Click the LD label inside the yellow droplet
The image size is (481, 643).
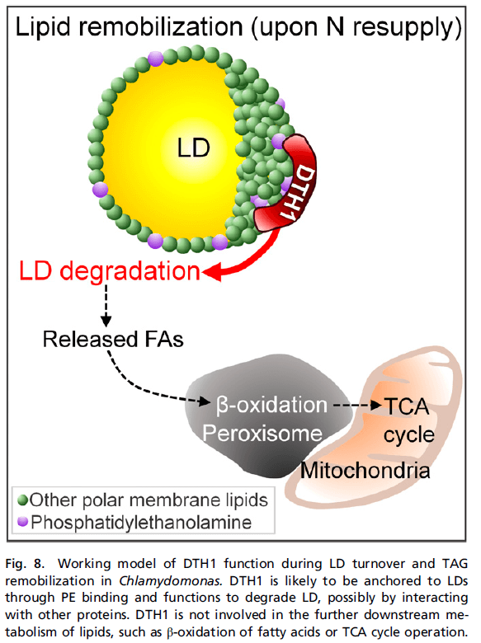coord(193,148)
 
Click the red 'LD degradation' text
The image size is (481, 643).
coord(110,271)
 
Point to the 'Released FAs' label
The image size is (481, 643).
coord(113,339)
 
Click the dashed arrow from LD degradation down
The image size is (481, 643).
coord(106,305)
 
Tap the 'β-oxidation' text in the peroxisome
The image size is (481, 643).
coord(271,405)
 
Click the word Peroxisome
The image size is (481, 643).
coord(262,433)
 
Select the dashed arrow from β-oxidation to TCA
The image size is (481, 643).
coord(357,406)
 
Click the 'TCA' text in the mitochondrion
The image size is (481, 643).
coord(407,406)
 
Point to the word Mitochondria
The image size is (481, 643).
coord(365,470)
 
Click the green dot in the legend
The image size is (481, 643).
coord(23,500)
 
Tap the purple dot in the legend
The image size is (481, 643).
coord(23,522)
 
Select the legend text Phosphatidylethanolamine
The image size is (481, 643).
coord(141,523)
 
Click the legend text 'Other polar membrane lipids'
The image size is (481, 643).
coord(149,500)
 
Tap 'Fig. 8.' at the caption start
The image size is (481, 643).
coord(24,564)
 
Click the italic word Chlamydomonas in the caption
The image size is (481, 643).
coord(171,581)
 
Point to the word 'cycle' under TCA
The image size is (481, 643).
coord(408,435)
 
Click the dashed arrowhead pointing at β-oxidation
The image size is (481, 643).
coord(205,401)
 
